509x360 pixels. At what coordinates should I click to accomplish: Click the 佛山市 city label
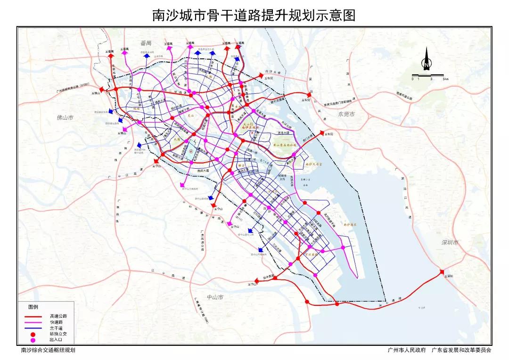tap(66, 117)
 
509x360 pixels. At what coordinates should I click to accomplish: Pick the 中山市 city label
tap(215, 297)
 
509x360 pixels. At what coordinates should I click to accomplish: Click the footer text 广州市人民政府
tap(406, 351)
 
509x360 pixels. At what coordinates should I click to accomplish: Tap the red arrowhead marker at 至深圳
tap(442, 271)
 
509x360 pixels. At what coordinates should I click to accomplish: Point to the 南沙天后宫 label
tap(313, 165)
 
